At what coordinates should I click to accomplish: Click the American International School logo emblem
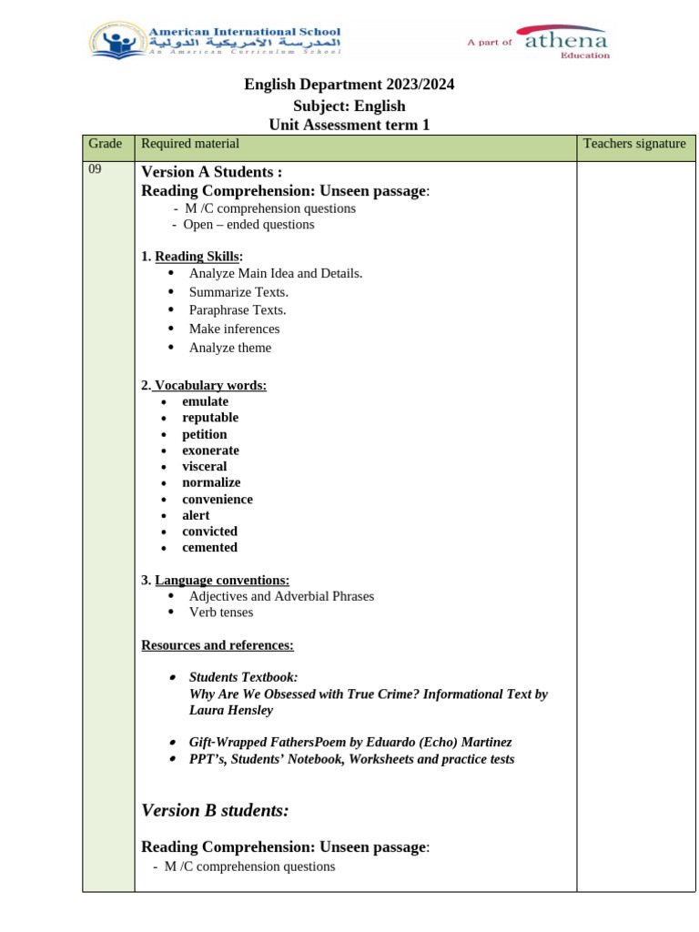click(116, 41)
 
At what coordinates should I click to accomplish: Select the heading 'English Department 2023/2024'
click(349, 85)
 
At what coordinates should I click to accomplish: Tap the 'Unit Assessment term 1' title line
click(349, 125)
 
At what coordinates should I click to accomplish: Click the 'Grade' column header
click(105, 144)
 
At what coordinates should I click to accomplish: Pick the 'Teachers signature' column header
click(634, 144)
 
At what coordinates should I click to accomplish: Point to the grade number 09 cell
click(96, 170)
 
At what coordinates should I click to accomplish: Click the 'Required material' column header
click(190, 144)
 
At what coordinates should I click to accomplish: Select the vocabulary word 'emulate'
click(205, 401)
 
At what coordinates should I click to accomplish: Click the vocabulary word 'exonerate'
click(210, 451)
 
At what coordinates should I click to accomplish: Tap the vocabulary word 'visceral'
click(204, 467)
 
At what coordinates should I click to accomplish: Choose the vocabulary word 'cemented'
click(209, 548)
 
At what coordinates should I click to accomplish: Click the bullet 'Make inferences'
click(234, 329)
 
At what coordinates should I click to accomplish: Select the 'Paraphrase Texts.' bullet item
click(238, 310)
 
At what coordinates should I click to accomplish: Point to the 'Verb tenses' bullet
click(221, 613)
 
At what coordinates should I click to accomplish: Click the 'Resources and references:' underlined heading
click(218, 645)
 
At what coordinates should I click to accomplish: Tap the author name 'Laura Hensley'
click(231, 710)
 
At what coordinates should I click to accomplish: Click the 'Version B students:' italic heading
click(216, 810)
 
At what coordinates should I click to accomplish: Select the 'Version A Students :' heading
click(211, 172)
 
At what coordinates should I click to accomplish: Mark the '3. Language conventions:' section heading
click(216, 580)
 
